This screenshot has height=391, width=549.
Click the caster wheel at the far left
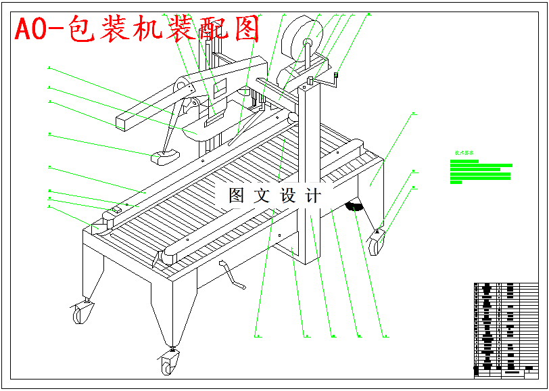point(82,313)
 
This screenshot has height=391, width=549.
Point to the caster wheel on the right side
point(377,242)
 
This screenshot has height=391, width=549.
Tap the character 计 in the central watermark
point(313,196)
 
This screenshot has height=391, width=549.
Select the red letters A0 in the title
point(30,30)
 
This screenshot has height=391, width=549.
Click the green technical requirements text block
point(480,172)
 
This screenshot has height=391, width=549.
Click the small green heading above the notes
point(464,154)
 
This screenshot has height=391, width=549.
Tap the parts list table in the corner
point(508,329)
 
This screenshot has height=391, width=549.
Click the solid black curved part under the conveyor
point(352,206)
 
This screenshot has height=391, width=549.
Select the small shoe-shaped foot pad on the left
point(163,158)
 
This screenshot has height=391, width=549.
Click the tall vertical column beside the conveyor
point(312,169)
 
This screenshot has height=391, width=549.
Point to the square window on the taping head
point(221,88)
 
